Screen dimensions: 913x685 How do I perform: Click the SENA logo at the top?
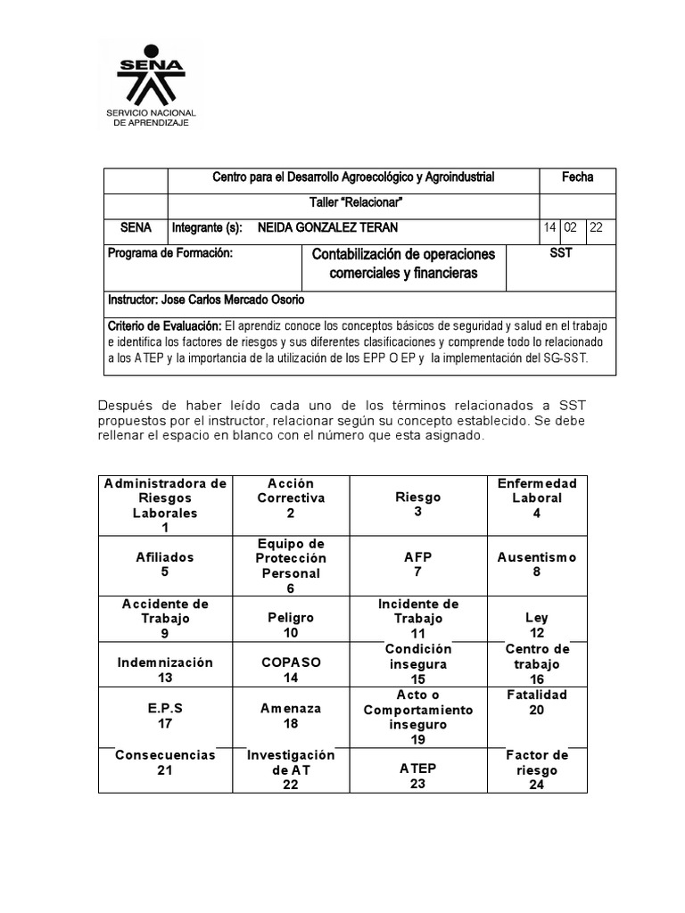156,87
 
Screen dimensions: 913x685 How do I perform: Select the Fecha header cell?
577,178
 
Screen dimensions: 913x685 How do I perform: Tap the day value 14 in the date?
550,228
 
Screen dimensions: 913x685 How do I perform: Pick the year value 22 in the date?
597,228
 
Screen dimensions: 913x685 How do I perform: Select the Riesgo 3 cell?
417,505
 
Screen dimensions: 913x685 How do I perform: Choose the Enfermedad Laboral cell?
537,498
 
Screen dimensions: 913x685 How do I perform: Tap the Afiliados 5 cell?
165,564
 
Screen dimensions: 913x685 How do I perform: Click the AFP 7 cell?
417,564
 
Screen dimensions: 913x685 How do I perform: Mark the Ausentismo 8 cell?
537,564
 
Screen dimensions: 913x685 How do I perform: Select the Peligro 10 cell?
291,625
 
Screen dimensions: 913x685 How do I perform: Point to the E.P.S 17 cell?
165,716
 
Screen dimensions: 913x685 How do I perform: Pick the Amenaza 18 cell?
291,716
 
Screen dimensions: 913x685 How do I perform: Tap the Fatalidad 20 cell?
537,702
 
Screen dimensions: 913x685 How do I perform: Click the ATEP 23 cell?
417,776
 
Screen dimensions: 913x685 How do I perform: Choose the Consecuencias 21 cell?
165,762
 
